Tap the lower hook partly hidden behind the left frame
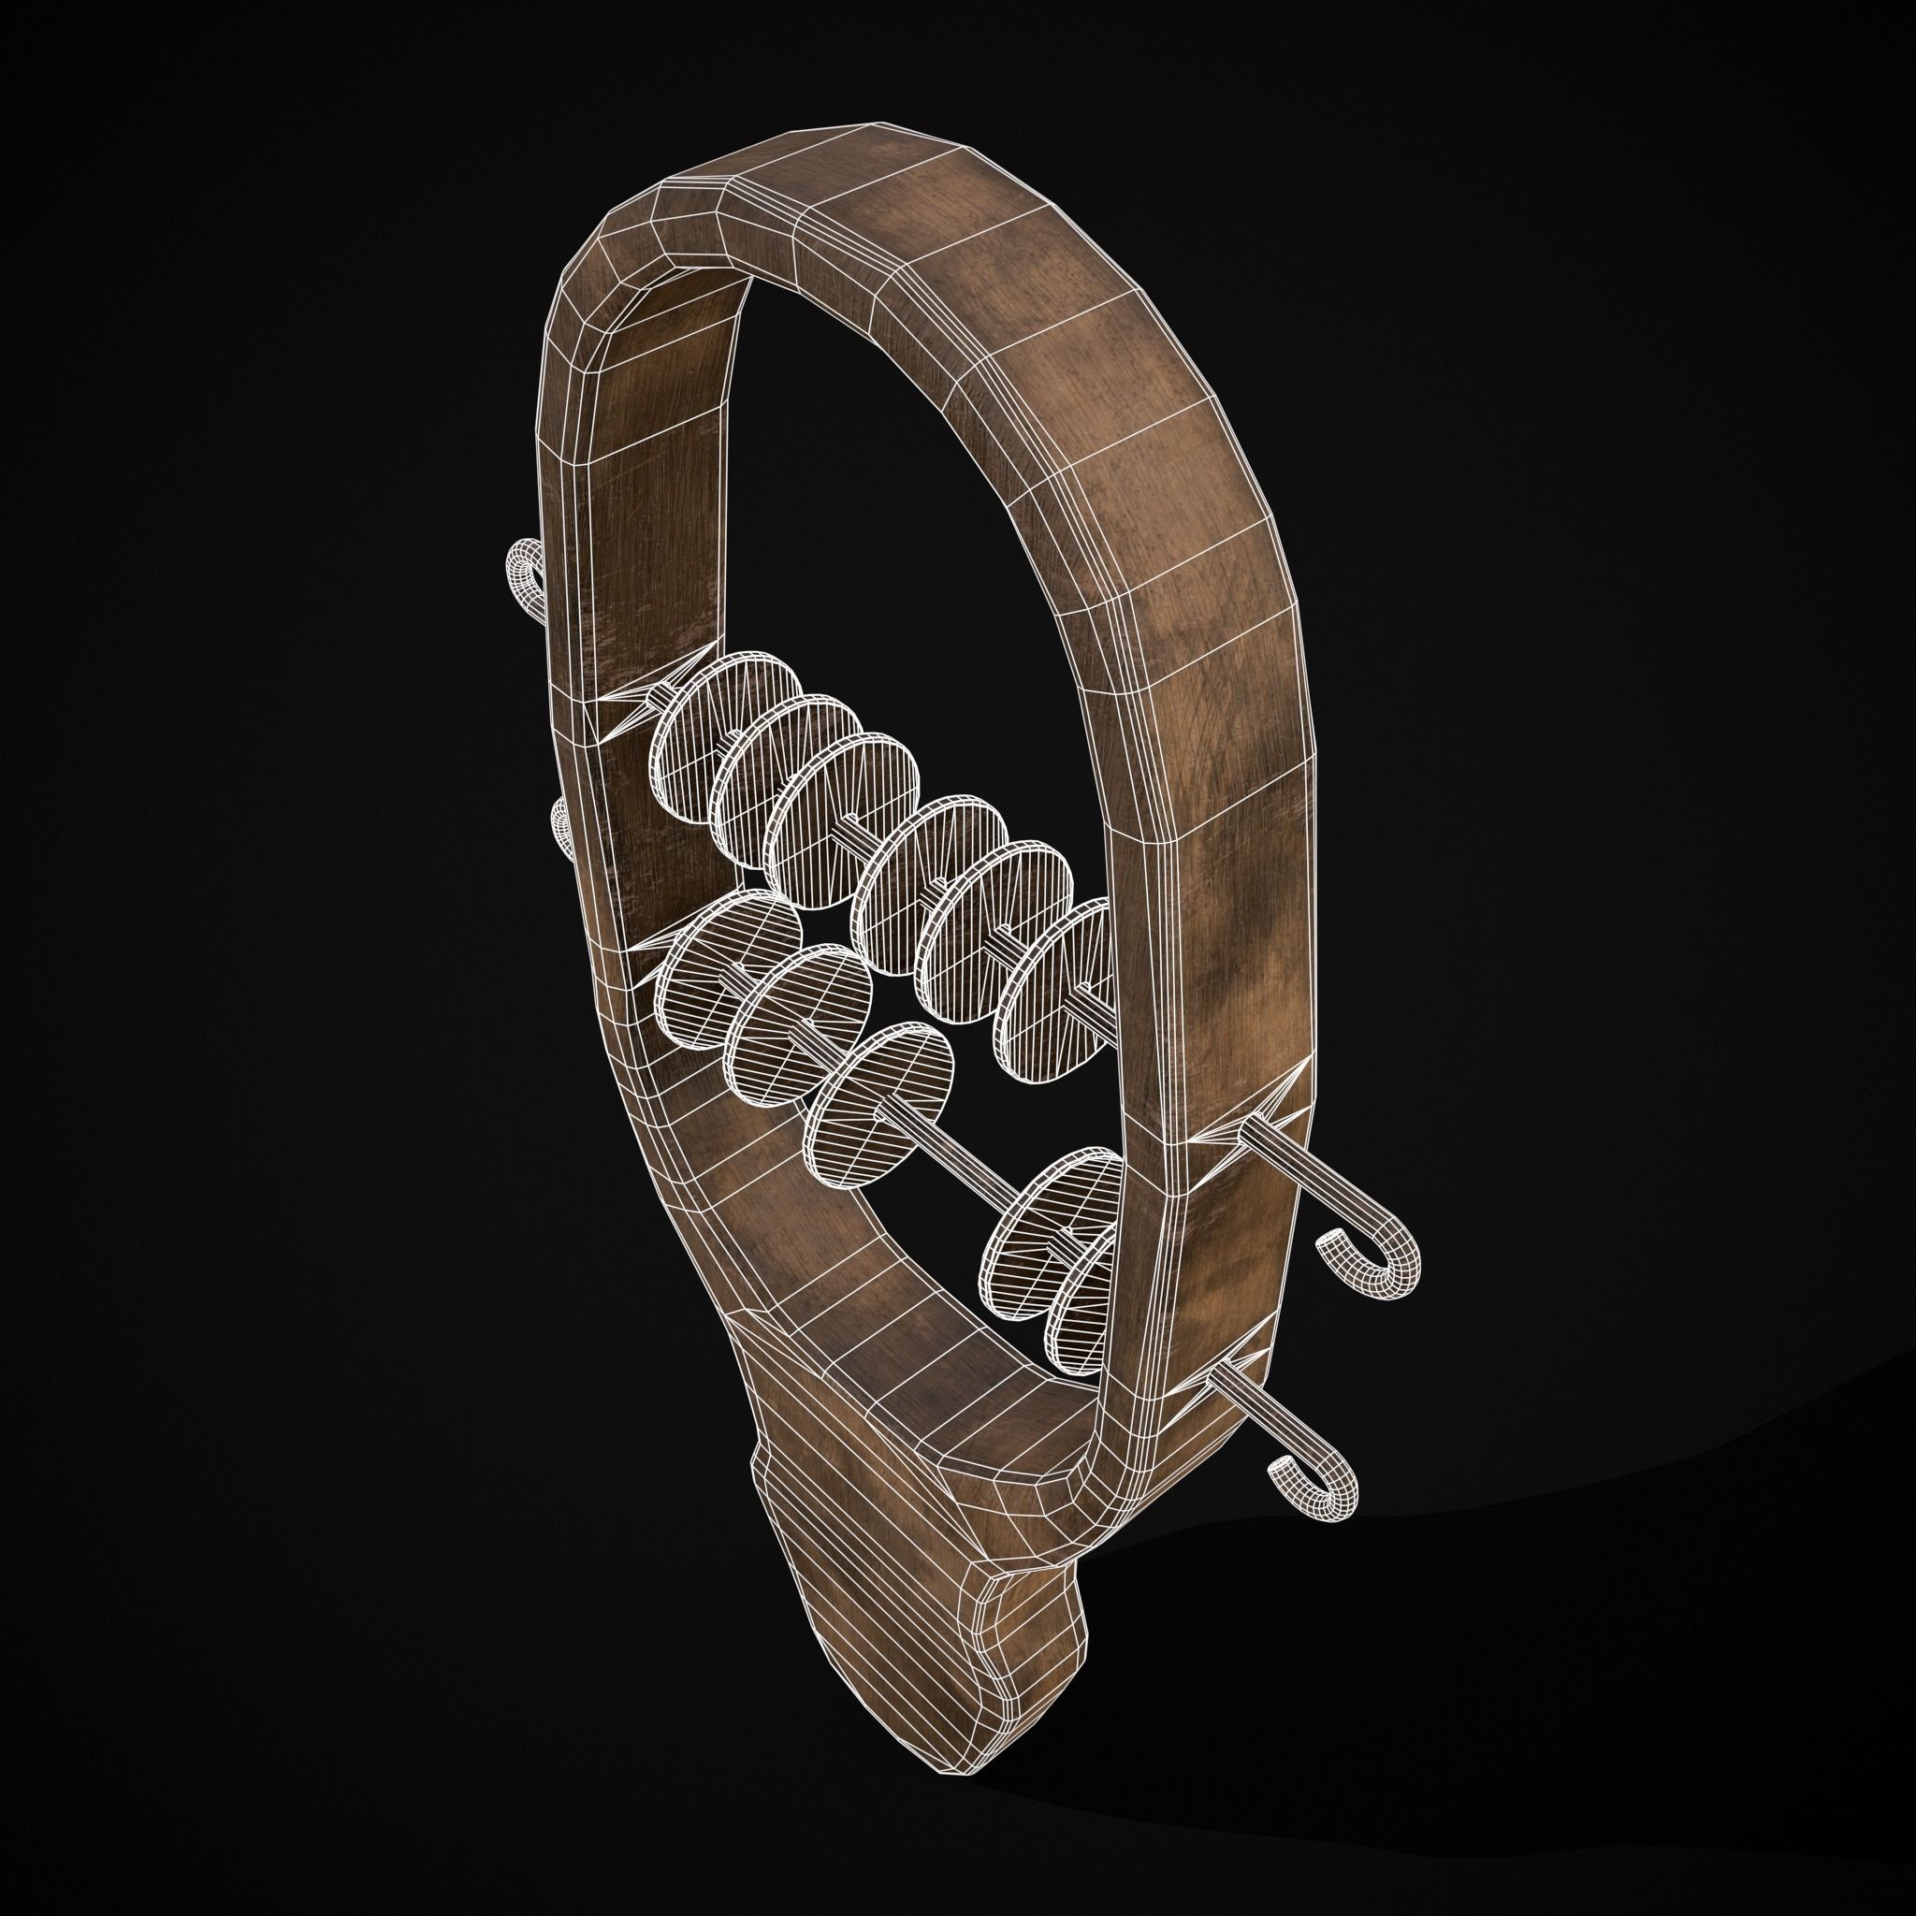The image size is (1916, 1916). (x=561, y=828)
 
